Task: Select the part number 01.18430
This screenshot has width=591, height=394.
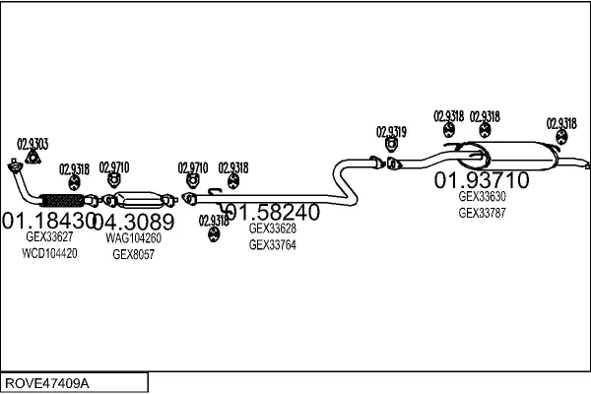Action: point(49,220)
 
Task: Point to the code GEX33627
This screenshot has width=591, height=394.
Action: point(49,237)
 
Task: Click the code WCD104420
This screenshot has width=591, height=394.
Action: point(49,253)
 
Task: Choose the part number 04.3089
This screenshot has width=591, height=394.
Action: point(135,220)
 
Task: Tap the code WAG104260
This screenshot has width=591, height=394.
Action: point(133,237)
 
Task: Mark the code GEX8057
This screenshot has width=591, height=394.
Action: point(133,253)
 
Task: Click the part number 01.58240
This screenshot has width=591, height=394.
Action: point(272,212)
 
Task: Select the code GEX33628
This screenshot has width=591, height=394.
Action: point(272,229)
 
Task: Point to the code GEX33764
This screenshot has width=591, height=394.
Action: point(272,244)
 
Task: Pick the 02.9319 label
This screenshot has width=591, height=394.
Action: point(391,131)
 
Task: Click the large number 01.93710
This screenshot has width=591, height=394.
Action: point(482,180)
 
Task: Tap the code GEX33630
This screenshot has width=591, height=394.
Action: point(482,196)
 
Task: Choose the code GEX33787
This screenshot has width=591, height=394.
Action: point(482,212)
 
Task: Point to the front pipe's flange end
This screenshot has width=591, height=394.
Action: point(13,165)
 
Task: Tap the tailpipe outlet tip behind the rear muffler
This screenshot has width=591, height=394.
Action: point(586,164)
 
